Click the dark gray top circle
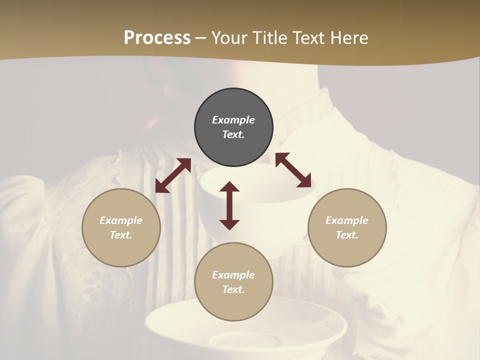(x=233, y=127)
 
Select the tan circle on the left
(x=121, y=227)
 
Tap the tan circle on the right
(x=347, y=227)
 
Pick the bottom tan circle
(x=233, y=282)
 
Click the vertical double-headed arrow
(x=229, y=206)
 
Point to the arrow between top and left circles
(x=173, y=175)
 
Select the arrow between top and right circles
(x=293, y=170)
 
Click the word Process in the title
(x=157, y=37)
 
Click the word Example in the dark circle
(x=233, y=120)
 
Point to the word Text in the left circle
(x=121, y=235)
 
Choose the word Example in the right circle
(x=347, y=220)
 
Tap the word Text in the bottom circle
(x=233, y=289)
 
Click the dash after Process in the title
(x=200, y=38)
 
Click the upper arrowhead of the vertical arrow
(x=229, y=187)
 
